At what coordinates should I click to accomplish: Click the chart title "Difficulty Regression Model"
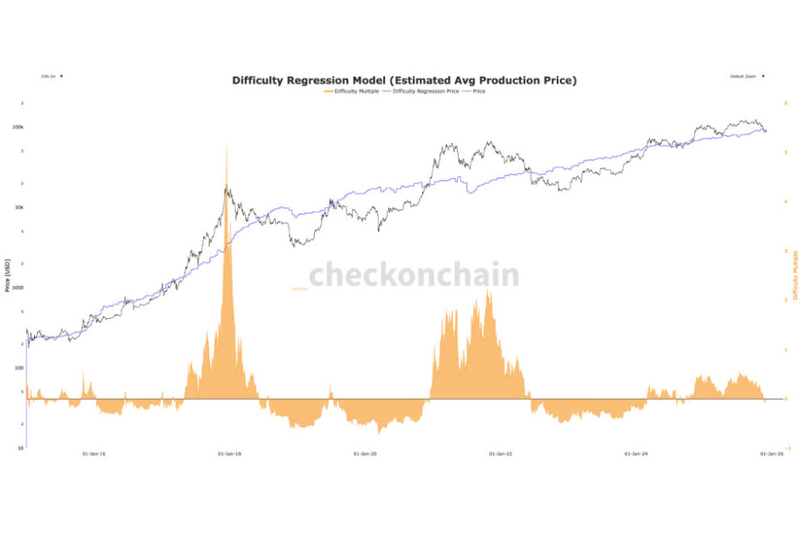(x=404, y=80)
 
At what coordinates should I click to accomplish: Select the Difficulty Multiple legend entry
(x=355, y=91)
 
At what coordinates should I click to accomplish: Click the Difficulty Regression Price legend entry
(x=426, y=91)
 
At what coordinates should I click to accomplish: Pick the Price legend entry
(x=478, y=91)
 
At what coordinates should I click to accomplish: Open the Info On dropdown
(x=52, y=76)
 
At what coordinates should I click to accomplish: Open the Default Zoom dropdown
(x=747, y=76)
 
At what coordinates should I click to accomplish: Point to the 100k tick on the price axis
(x=18, y=127)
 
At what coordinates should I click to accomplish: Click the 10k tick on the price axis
(x=19, y=207)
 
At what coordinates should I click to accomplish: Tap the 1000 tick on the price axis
(x=17, y=287)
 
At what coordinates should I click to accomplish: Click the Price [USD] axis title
(x=7, y=276)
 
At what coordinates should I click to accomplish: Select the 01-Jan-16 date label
(x=94, y=454)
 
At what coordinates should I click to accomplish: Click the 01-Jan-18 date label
(x=230, y=454)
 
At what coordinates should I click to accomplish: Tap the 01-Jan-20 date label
(x=366, y=454)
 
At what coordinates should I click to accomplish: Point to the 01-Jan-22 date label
(x=502, y=454)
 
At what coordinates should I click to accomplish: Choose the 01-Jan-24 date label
(x=637, y=454)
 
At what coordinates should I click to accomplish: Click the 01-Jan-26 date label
(x=771, y=454)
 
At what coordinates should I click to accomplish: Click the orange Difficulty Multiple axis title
(x=795, y=275)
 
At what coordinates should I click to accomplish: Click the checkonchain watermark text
(x=413, y=275)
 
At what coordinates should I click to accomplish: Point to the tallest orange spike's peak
(x=227, y=146)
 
